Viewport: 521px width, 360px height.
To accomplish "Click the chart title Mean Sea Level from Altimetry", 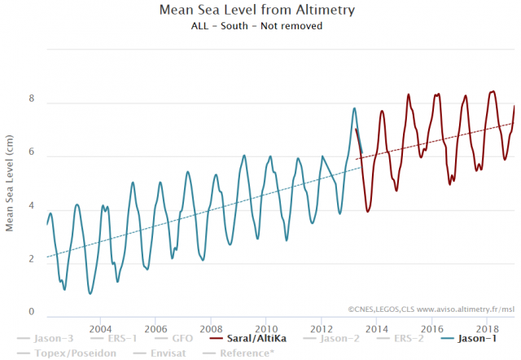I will click(260, 11).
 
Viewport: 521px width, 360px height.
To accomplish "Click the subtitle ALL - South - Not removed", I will click(260, 25).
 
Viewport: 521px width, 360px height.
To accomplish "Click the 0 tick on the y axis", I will click(32, 313).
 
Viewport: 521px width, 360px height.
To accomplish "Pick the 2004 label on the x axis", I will click(100, 327).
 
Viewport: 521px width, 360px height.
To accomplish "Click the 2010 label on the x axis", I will click(266, 327).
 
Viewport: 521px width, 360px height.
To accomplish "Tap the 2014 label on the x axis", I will click(376, 327).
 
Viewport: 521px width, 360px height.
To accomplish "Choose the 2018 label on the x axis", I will click(487, 327).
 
